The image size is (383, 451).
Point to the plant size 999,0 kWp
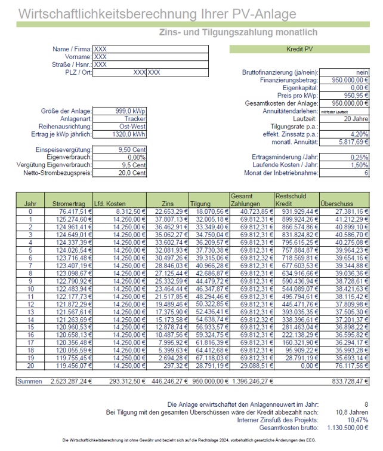131,111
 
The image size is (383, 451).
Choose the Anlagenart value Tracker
131,119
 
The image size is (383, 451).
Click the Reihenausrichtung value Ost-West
130,127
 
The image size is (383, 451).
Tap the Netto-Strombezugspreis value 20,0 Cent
131,173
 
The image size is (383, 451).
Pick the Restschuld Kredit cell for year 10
296,289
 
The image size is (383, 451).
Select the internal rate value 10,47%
356,420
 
